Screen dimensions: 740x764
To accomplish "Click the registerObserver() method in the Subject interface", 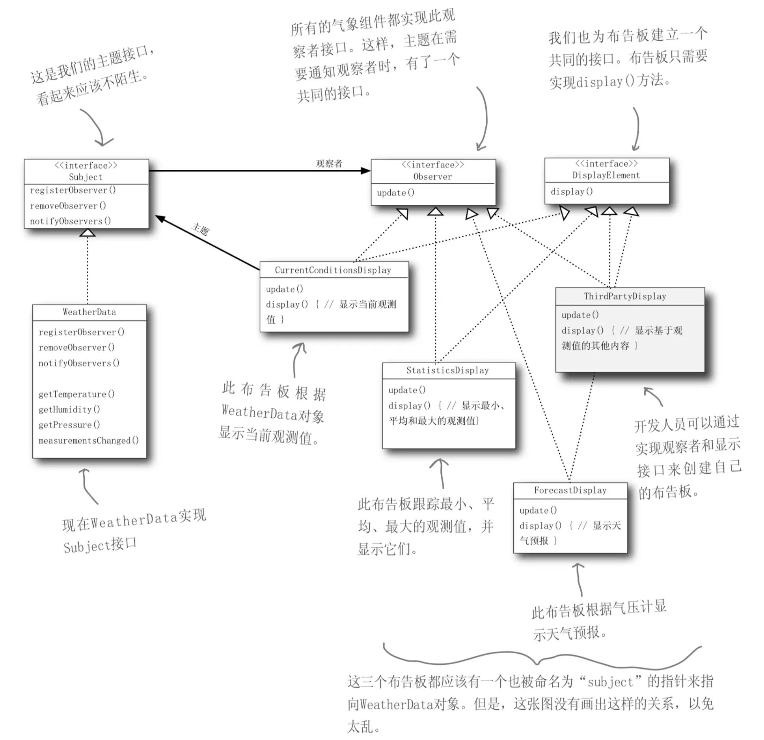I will tap(73, 190).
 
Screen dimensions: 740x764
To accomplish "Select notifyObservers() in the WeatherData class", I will tap(79, 363).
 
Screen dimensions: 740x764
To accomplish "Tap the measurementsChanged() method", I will tap(89, 440).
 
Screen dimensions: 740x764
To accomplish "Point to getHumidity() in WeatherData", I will tap(69, 409).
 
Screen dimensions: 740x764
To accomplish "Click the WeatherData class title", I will tap(89, 312).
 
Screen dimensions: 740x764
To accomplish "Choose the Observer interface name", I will tap(432, 177).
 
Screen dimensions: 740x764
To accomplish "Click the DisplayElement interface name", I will tap(606, 175).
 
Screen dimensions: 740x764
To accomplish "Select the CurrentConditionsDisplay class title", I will tap(333, 270).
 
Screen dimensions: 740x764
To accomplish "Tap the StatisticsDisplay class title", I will tap(447, 370).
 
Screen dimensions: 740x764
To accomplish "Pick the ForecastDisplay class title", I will tap(570, 490).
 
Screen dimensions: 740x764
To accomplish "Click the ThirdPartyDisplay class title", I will tap(625, 296).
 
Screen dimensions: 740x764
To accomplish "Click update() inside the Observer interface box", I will tap(395, 193).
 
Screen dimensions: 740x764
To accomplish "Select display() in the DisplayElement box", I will tap(572, 192).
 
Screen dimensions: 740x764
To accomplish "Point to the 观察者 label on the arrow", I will tap(329, 164).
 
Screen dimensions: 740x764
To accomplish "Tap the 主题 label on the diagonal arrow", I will tap(200, 229).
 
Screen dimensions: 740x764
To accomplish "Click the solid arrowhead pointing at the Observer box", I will tap(366, 171).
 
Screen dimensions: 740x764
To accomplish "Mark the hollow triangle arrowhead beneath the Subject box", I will tap(87, 232).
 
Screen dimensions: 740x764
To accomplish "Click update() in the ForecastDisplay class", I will tap(538, 510).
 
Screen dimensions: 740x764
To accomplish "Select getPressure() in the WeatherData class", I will tap(69, 425).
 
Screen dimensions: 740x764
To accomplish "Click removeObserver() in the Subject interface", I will tap(68, 206).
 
